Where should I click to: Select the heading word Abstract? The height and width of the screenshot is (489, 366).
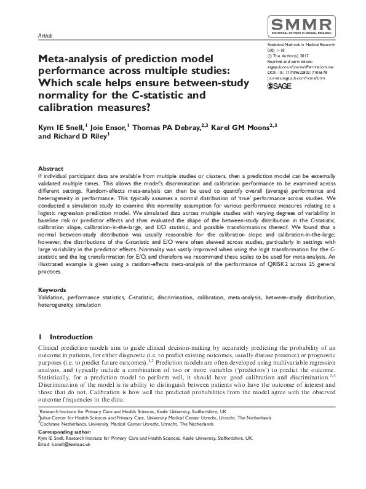[x=50, y=168]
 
